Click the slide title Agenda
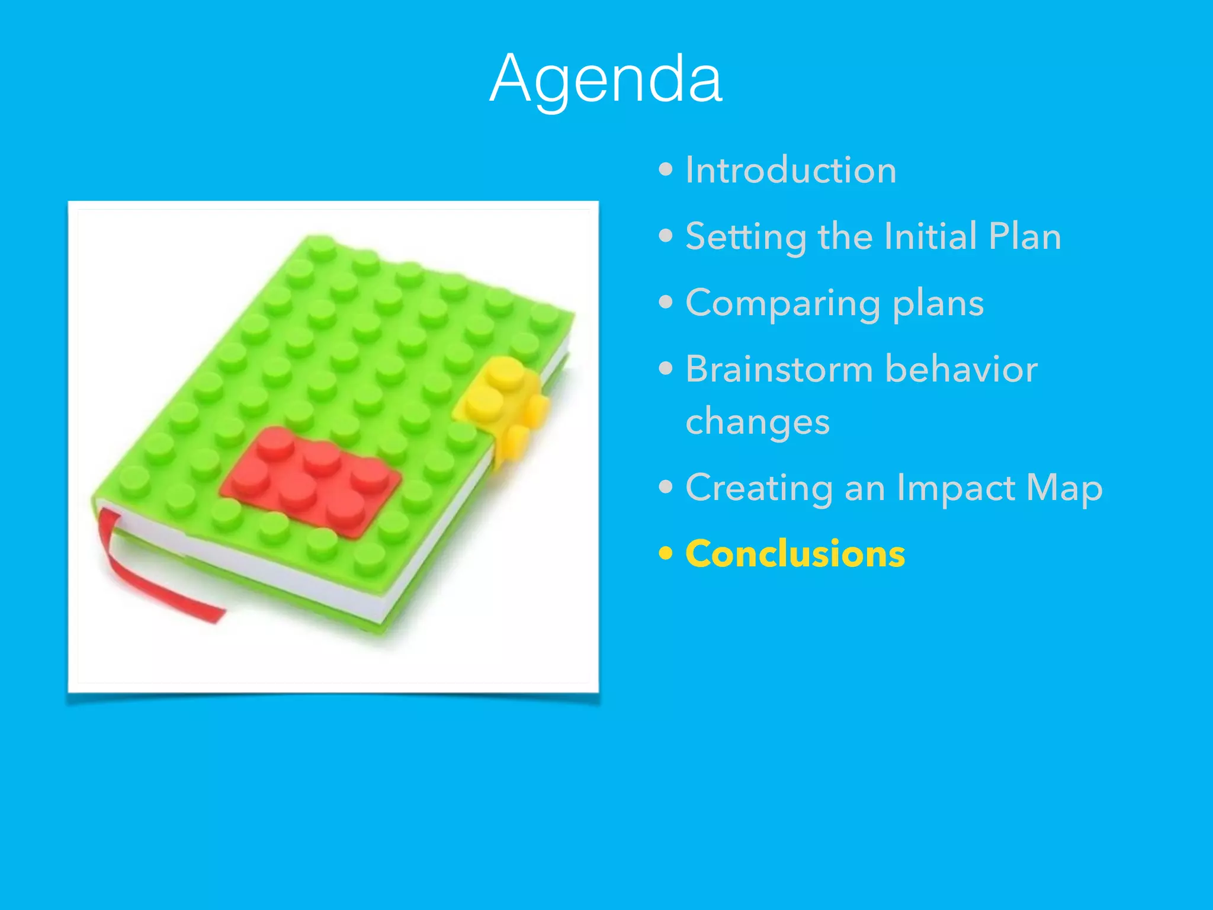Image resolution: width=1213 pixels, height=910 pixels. pos(606,79)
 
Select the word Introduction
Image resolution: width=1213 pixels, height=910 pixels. pos(791,171)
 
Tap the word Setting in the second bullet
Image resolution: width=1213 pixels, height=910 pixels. pos(746,237)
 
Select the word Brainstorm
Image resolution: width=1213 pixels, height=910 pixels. pos(779,369)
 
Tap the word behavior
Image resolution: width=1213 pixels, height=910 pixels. pos(961,369)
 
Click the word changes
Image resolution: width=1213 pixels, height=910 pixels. pos(758,423)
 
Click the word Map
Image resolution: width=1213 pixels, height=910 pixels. pos(1064,489)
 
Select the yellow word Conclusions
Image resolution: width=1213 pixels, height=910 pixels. pos(795,554)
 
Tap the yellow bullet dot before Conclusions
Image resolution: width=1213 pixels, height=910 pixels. pos(666,554)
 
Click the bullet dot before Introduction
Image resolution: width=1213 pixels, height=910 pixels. pos(666,171)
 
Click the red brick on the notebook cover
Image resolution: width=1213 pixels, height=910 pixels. pos(311,480)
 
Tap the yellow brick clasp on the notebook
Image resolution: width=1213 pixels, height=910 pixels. pos(503,403)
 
